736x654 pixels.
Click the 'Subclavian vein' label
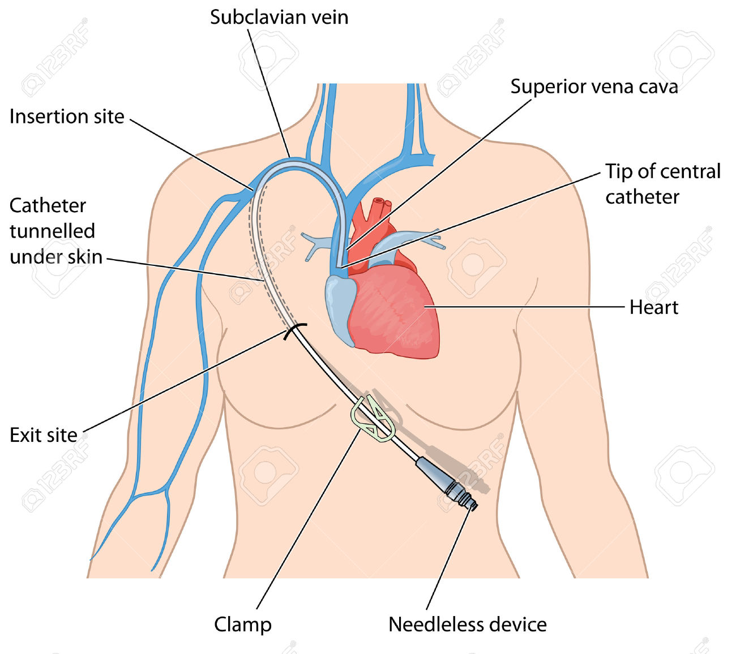pos(279,17)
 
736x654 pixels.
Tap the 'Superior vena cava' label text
pos(594,87)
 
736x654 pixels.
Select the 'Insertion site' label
pos(67,117)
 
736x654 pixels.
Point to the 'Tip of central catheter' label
pos(662,184)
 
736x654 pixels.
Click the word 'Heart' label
pos(653,307)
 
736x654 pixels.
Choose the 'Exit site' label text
pos(44,435)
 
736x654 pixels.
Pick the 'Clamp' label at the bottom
pos(242,625)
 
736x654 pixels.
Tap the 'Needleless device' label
pos(467,625)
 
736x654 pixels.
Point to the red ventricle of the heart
pos(396,317)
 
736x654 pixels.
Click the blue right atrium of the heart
pos(340,306)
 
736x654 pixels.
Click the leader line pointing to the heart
pos(527,307)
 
